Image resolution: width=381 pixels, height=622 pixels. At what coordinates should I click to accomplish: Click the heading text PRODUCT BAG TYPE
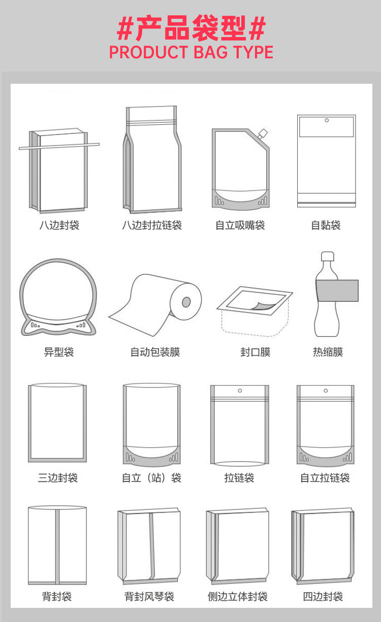pyautogui.click(x=191, y=52)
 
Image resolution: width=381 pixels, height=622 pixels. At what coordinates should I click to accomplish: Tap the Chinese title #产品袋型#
pyautogui.click(x=191, y=28)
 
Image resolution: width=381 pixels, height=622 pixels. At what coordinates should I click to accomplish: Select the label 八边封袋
pyautogui.click(x=59, y=225)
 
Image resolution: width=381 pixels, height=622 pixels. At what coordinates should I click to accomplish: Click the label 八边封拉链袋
pyautogui.click(x=151, y=225)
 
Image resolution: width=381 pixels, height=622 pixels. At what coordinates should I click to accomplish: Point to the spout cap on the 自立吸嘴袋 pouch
pyautogui.click(x=262, y=134)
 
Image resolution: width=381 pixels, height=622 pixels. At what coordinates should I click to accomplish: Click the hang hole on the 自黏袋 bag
pyautogui.click(x=326, y=121)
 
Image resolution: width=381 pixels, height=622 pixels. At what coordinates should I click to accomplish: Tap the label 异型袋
pyautogui.click(x=59, y=352)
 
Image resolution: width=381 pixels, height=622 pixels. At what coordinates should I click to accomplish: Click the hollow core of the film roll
pyautogui.click(x=186, y=302)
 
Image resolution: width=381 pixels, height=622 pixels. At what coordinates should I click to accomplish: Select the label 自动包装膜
pyautogui.click(x=155, y=352)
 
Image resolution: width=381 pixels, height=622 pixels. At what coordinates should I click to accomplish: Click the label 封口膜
pyautogui.click(x=255, y=352)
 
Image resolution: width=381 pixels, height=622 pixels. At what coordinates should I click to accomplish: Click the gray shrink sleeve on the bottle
pyautogui.click(x=337, y=291)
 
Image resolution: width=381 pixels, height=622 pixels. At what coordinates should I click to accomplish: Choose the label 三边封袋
pyautogui.click(x=57, y=478)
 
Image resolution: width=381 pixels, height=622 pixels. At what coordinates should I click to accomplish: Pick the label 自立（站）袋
pyautogui.click(x=151, y=478)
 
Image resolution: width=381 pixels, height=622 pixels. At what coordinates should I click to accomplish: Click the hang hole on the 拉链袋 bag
pyautogui.click(x=239, y=391)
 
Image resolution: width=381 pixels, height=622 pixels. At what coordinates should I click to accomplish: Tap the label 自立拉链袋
pyautogui.click(x=325, y=478)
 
